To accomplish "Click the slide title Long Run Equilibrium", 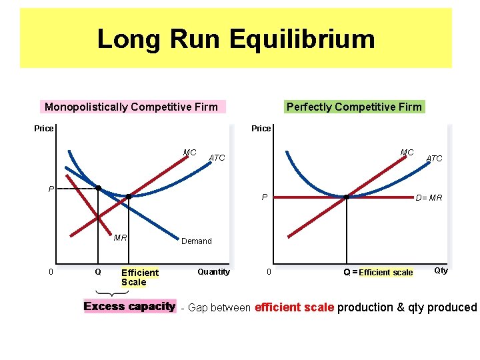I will point(235,39).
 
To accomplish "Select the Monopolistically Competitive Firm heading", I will point(131,107).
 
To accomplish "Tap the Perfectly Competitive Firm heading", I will point(354,107).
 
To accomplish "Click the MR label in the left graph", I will point(120,237).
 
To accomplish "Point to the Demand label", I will point(196,241).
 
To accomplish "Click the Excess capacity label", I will point(129,307).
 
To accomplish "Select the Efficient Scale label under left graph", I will point(140,277).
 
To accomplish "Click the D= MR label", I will point(429,197).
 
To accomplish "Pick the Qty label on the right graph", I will point(441,270).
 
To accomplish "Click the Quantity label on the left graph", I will point(213,271).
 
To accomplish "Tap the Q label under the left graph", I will point(98,272).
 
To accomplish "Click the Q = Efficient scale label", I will point(378,272).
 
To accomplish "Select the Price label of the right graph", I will point(261,128).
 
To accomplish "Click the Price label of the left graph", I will point(43,128).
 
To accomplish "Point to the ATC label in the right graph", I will point(434,158).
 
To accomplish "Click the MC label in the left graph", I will point(189,153).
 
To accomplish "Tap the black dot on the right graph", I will point(347,197).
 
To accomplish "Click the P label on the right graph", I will point(265,197).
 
